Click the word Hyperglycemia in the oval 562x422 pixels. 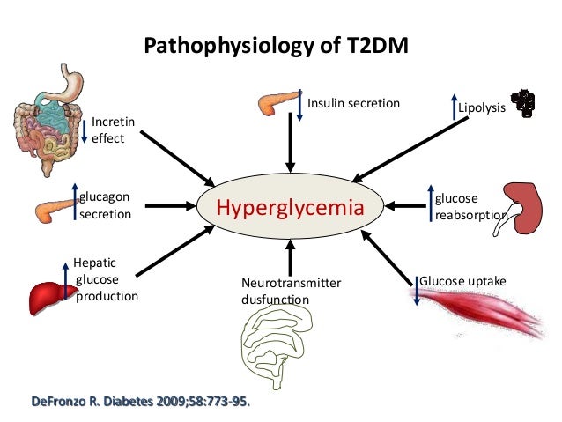coord(290,208)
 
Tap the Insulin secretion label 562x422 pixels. coord(353,104)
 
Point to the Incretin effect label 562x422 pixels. coord(108,130)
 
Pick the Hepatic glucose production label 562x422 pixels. coord(106,279)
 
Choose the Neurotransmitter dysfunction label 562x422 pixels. coord(290,291)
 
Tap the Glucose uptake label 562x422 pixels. coord(462,280)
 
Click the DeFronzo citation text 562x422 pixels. coord(141,403)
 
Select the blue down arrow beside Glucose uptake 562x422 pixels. coord(416,289)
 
